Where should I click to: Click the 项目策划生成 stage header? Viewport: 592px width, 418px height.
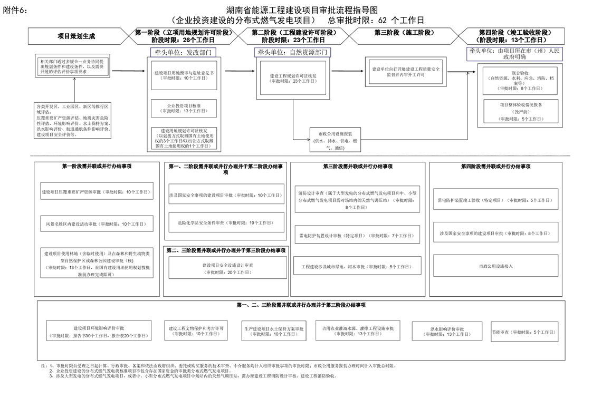click(77, 36)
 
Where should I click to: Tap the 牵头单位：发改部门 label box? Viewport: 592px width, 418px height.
click(183, 53)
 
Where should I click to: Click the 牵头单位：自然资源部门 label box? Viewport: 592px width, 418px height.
click(291, 52)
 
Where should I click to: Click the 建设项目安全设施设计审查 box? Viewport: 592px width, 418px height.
click(227, 268)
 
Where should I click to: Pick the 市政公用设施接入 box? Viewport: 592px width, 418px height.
click(494, 266)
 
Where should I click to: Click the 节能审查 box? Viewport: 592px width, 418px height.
click(524, 332)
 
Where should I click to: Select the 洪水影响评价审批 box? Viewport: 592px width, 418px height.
click(446, 332)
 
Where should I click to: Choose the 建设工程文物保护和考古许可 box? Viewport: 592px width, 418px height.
click(196, 332)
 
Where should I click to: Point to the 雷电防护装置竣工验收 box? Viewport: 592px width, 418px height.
click(494, 200)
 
